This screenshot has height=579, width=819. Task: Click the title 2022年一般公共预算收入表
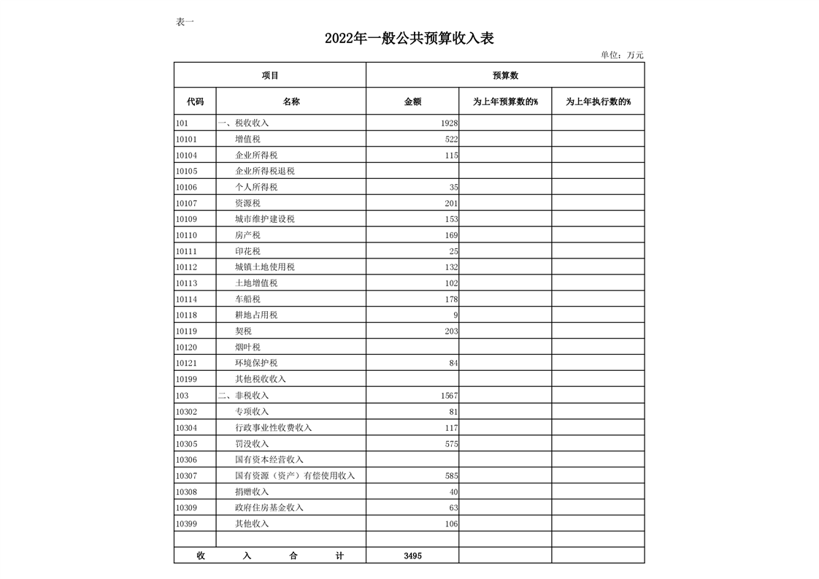(x=409, y=39)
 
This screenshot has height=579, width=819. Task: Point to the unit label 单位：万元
(x=622, y=55)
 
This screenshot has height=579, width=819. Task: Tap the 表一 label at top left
(x=185, y=22)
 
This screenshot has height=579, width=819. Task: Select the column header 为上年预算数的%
(x=505, y=102)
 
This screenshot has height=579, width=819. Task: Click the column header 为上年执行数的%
(x=598, y=102)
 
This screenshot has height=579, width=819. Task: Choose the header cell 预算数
(x=505, y=75)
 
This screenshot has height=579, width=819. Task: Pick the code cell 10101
(x=187, y=139)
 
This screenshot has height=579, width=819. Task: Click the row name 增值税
(x=247, y=139)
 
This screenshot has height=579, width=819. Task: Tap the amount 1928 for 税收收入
(x=449, y=123)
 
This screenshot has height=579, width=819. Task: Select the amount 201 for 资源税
(x=451, y=203)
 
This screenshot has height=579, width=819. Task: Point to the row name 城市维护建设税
(x=265, y=219)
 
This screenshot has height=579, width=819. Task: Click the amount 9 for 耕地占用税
(x=455, y=315)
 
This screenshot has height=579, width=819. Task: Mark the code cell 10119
(x=187, y=331)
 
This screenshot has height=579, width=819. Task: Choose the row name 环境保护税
(x=256, y=364)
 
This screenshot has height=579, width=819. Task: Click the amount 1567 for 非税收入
(x=449, y=396)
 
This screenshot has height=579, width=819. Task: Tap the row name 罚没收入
(x=252, y=444)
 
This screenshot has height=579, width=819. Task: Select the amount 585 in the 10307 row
(x=451, y=476)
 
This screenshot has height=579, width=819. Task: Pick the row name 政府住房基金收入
(x=269, y=508)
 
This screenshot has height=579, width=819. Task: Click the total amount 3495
(x=412, y=556)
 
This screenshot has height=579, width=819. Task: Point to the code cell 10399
(x=187, y=524)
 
